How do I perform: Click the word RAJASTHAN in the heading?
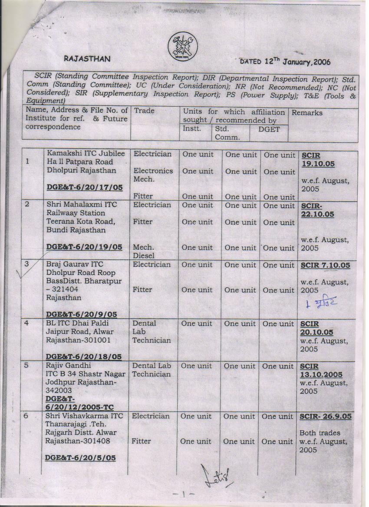(87, 59)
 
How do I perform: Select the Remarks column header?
(307, 113)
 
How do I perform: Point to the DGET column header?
(269, 129)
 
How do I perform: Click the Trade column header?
(144, 111)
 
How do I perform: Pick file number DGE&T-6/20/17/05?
(85, 187)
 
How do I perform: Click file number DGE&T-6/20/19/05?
(85, 247)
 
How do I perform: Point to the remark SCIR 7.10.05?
(325, 265)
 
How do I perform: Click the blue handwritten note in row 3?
(322, 302)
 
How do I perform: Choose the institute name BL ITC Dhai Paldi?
(77, 324)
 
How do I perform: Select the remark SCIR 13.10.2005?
(320, 370)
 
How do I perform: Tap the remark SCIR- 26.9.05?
(325, 416)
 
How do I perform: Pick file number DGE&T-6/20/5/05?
(81, 458)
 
